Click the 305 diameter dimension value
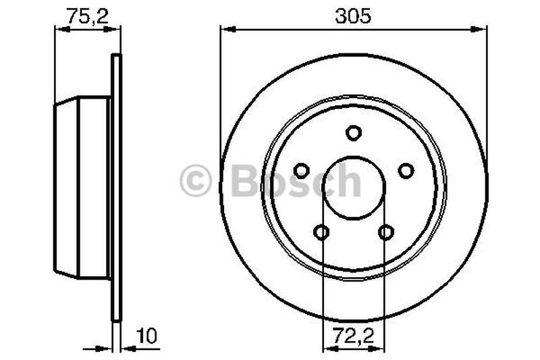click(x=354, y=16)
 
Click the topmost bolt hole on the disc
click(x=354, y=132)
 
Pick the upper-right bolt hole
click(x=406, y=171)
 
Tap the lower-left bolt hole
click(x=322, y=232)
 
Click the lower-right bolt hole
click(x=385, y=232)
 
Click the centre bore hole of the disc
click(x=354, y=188)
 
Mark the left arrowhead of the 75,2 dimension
click(x=59, y=29)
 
